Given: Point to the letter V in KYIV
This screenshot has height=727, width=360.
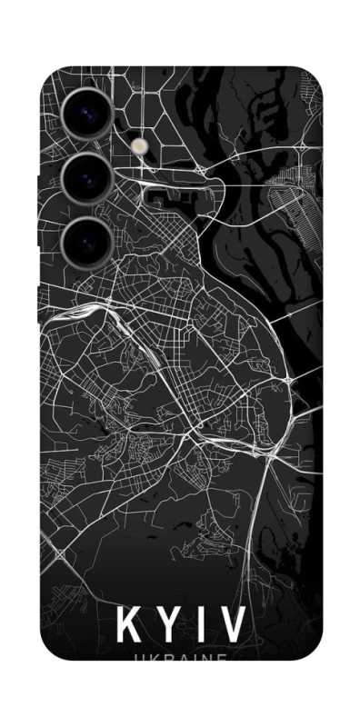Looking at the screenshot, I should click(x=231, y=625).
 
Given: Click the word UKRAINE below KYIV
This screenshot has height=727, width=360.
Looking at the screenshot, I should click(x=181, y=658).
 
